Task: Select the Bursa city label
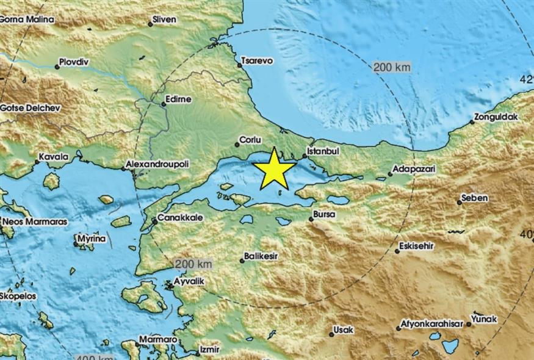324,214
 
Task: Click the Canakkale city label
177,217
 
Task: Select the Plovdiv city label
74,62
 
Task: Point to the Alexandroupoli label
157,164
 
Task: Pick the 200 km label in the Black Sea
391,67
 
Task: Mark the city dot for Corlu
237,145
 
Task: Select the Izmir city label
208,350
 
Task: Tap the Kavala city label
53,157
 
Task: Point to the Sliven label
165,19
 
